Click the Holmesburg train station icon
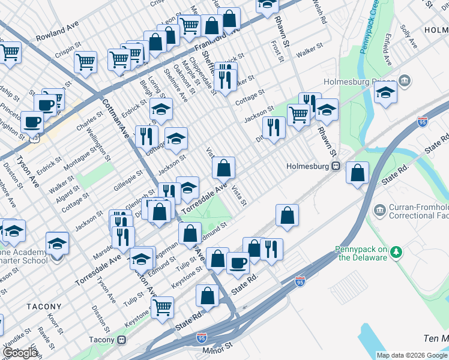(337, 166)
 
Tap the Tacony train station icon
(122, 340)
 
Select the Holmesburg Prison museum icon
(405, 80)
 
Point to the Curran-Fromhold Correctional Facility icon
(379, 210)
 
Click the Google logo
(20, 353)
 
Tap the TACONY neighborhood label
(44, 307)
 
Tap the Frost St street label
(277, 51)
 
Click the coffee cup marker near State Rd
(238, 262)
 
